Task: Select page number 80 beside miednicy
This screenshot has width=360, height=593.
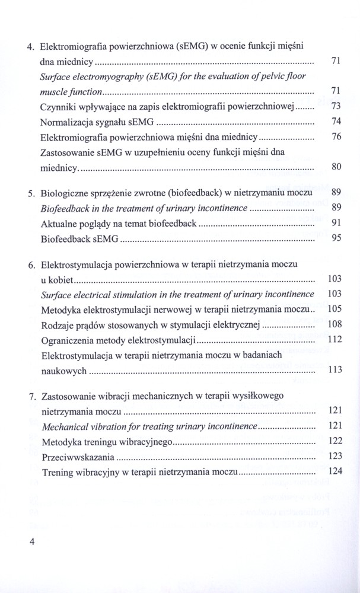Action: [x=335, y=168]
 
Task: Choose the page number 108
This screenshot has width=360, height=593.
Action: [x=335, y=325]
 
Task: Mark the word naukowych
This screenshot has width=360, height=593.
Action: [x=63, y=371]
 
